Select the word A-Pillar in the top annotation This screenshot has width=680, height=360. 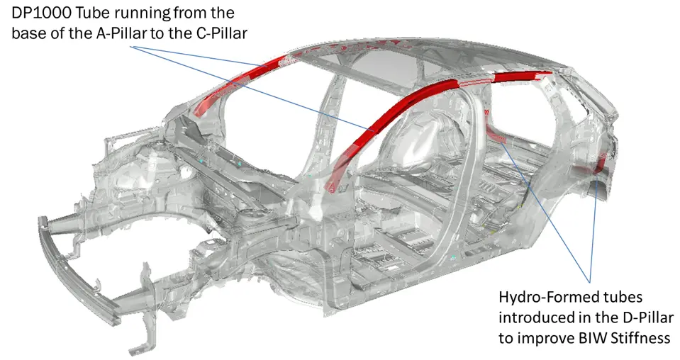[121, 33]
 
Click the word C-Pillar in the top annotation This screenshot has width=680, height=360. [222, 33]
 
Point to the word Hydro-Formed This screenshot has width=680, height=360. [547, 298]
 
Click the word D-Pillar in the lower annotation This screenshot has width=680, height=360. [648, 317]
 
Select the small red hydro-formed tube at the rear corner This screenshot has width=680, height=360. [601, 163]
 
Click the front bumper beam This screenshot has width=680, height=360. [78, 271]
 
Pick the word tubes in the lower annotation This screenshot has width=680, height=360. [621, 298]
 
